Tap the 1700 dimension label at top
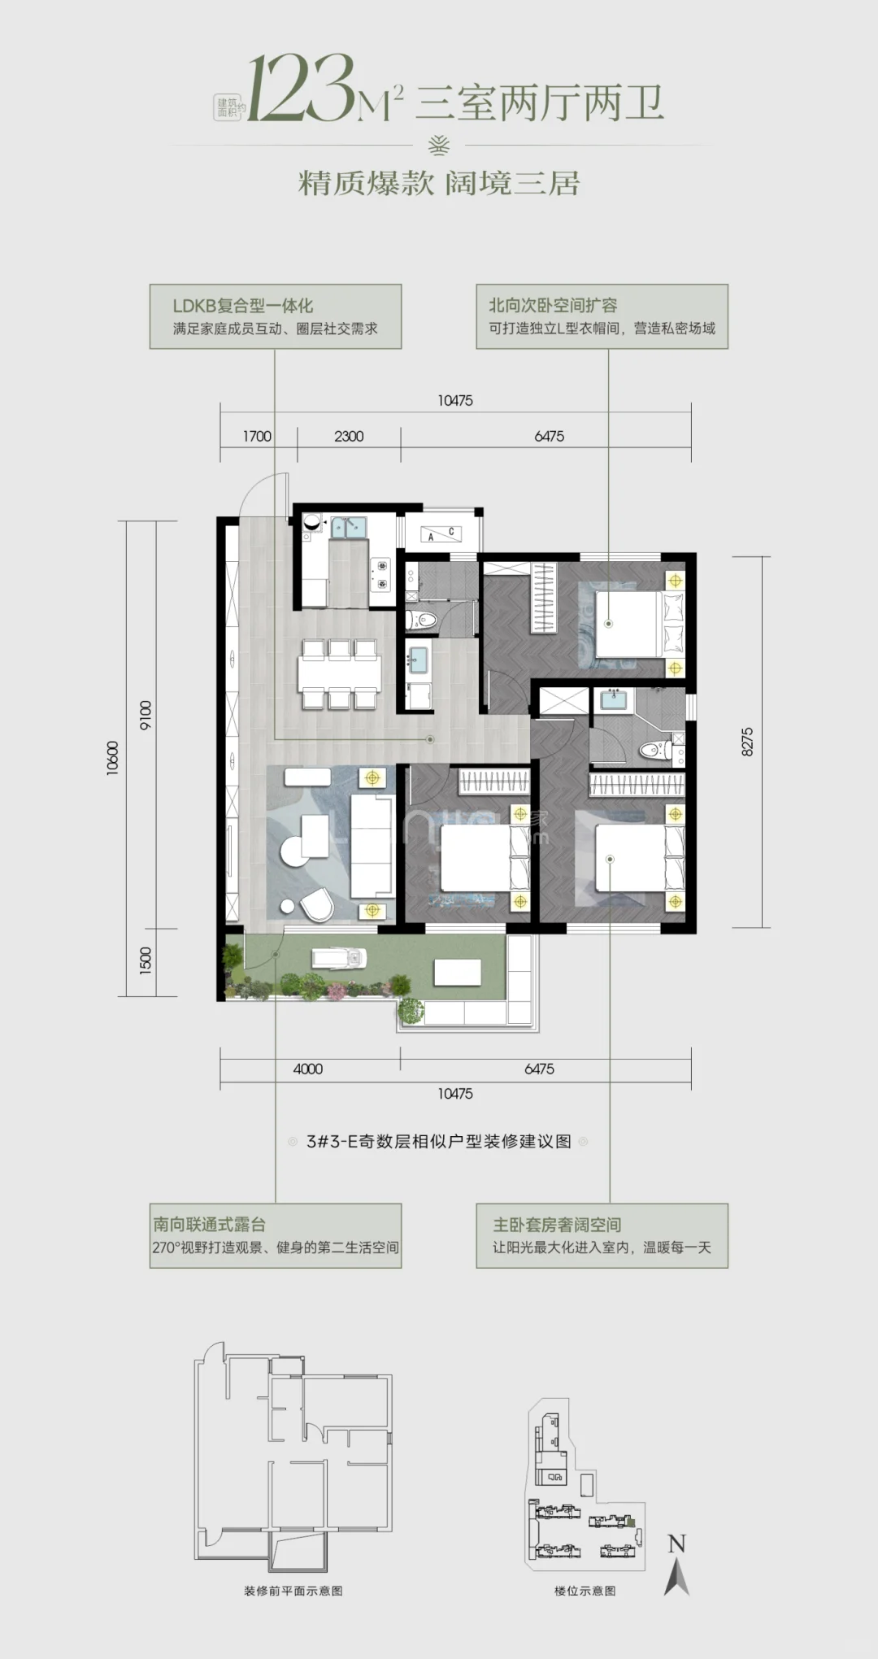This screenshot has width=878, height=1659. coord(257,437)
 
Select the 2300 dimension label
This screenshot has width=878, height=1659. coord(349,437)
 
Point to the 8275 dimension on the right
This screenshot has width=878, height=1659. coord(747,742)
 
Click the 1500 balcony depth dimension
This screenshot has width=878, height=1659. coord(146,961)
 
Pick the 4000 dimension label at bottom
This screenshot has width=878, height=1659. coord(308,1069)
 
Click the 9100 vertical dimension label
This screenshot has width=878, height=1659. coord(146,715)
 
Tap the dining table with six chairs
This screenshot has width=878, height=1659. coord(339,674)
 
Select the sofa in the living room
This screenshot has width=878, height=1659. coord(372,846)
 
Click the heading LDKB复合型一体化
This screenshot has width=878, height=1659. coord(242,306)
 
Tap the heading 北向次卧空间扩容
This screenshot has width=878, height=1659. coord(553,305)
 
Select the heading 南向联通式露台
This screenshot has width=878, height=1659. coord(209,1224)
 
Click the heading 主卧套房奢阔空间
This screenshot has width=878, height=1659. coord(557,1224)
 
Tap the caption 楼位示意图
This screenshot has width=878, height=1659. coord(585,1591)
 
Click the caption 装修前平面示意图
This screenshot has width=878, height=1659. coord(293,1591)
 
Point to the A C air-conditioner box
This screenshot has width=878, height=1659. coord(441,534)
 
